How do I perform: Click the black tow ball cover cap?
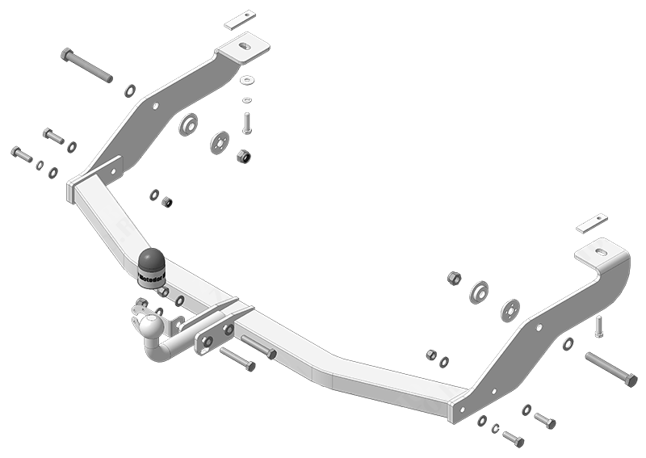tap(152, 263)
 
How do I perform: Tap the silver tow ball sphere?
tap(149, 326)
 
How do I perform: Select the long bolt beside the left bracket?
tap(86, 65)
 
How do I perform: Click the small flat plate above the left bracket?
tap(240, 19)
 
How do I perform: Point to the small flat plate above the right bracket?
tap(593, 222)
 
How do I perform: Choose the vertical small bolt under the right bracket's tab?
tap(598, 326)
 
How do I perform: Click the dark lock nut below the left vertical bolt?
tap(242, 155)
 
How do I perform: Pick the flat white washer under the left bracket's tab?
tap(246, 80)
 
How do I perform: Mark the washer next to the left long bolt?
tap(130, 90)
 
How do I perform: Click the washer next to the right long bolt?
tap(568, 345)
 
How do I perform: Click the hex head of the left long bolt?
tap(66, 55)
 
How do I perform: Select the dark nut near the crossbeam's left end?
tap(167, 201)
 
